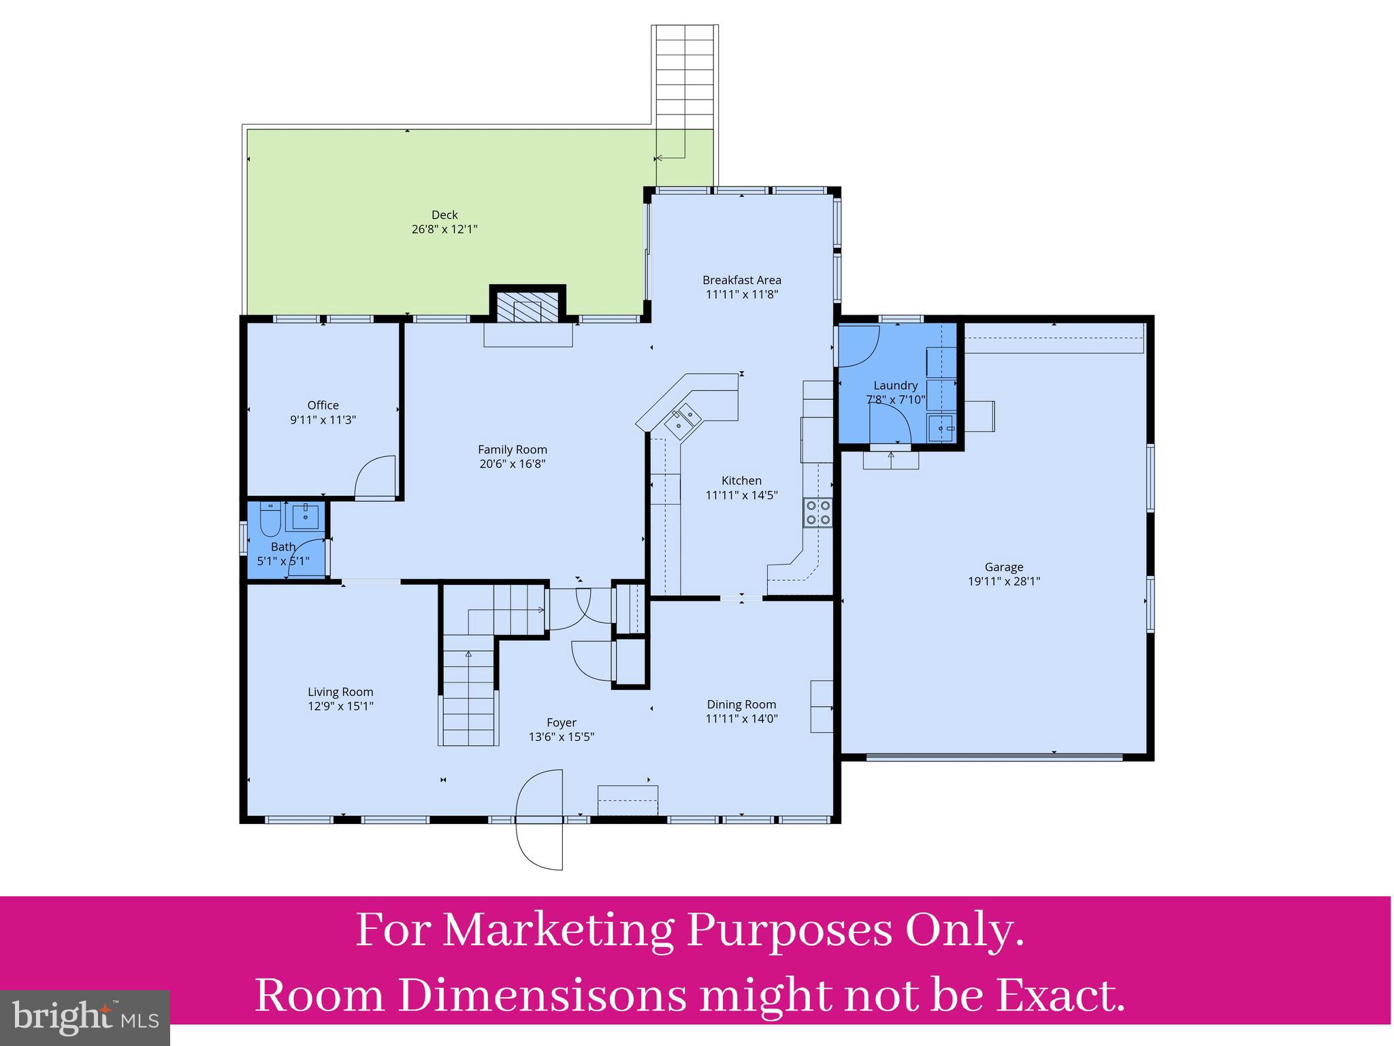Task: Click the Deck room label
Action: pyautogui.click(x=444, y=215)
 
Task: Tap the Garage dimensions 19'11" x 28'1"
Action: pyautogui.click(x=1004, y=582)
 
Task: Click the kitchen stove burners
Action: pyautogui.click(x=817, y=512)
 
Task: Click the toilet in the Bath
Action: pyautogui.click(x=270, y=519)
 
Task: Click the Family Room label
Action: pyautogui.click(x=512, y=449)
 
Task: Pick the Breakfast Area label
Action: pyautogui.click(x=742, y=280)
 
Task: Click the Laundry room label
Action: pyautogui.click(x=896, y=385)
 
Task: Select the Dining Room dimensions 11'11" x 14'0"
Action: pyautogui.click(x=742, y=718)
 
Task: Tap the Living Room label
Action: pyautogui.click(x=340, y=692)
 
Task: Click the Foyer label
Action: pyautogui.click(x=562, y=723)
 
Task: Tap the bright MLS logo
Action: pyautogui.click(x=85, y=1018)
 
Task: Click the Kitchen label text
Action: pyautogui.click(x=742, y=481)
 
